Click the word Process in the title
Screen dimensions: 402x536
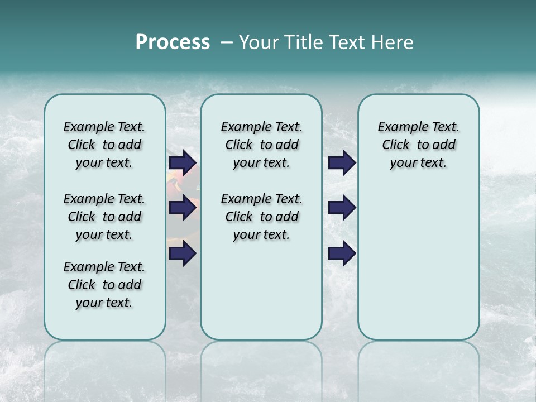[173, 42]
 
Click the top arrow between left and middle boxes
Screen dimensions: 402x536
[183, 162]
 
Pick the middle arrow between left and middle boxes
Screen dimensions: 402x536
[183, 208]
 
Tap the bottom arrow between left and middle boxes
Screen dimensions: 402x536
[183, 254]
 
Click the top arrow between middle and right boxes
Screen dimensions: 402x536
[342, 162]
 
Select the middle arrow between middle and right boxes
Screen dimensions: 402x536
[342, 208]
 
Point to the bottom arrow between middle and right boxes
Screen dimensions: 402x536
[342, 254]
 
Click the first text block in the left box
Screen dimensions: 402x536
[104, 145]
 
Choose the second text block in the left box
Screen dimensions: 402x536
[104, 217]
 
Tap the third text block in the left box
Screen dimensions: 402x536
[104, 285]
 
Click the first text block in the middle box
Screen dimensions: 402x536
[261, 145]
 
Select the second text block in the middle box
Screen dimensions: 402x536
[261, 217]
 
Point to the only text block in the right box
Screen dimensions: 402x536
[419, 145]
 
